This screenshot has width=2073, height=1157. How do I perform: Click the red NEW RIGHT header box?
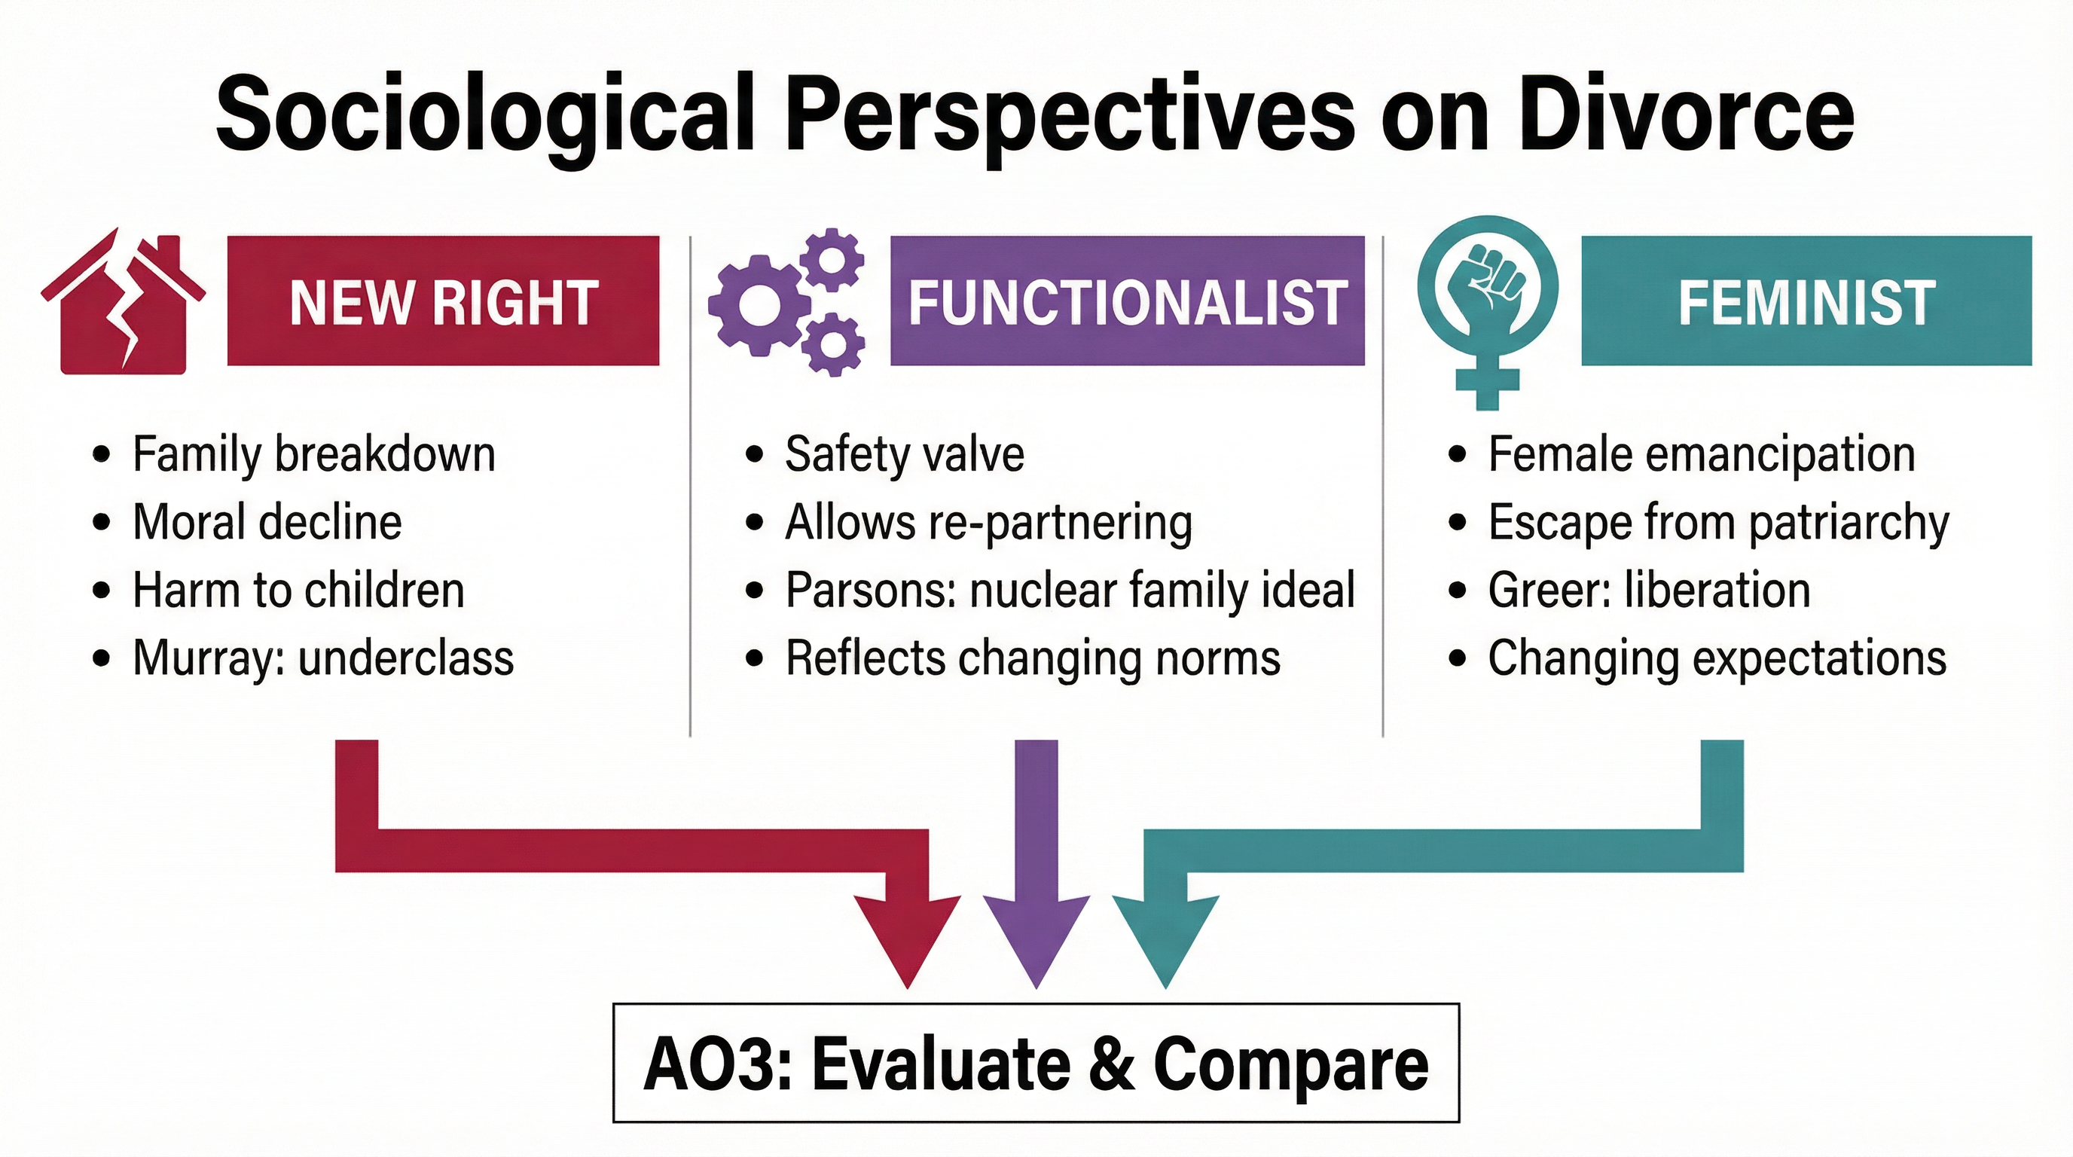click(443, 301)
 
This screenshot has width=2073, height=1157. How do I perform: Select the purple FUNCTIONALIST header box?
click(1127, 301)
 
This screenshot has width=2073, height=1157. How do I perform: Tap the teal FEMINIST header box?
click(1806, 301)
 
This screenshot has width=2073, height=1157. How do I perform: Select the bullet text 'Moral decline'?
click(267, 522)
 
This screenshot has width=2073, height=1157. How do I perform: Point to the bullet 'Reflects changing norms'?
click(1032, 658)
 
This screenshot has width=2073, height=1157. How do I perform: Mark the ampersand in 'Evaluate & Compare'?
click(1111, 1064)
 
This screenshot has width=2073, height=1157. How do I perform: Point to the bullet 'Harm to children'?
click(298, 590)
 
